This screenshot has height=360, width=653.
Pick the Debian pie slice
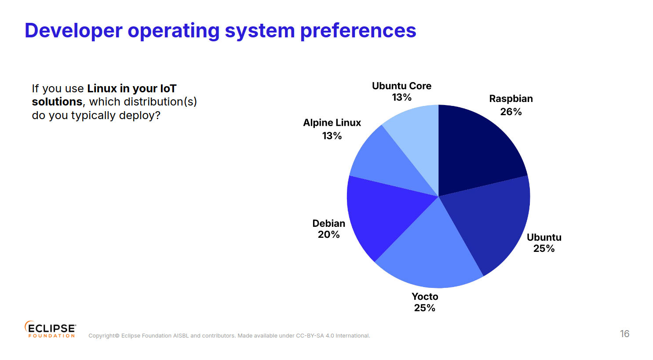pos(383,215)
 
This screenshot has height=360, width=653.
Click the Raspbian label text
pos(511,99)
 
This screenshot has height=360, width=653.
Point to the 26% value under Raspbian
pos(511,112)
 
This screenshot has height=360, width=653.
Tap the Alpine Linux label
pos(332,123)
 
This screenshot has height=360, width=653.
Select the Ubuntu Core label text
pos(401,86)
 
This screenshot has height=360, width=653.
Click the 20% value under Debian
pos(329,235)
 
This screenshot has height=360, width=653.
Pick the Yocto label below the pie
pos(425,297)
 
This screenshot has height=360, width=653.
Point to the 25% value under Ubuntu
pos(544,249)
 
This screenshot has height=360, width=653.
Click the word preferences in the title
pos(358,31)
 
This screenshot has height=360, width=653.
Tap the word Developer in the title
pos(73,31)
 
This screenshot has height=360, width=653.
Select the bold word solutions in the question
pos(57,102)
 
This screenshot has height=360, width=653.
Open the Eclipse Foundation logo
pos(50,329)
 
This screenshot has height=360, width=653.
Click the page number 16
pos(624,334)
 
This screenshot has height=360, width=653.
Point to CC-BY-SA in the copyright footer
pos(310,336)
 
